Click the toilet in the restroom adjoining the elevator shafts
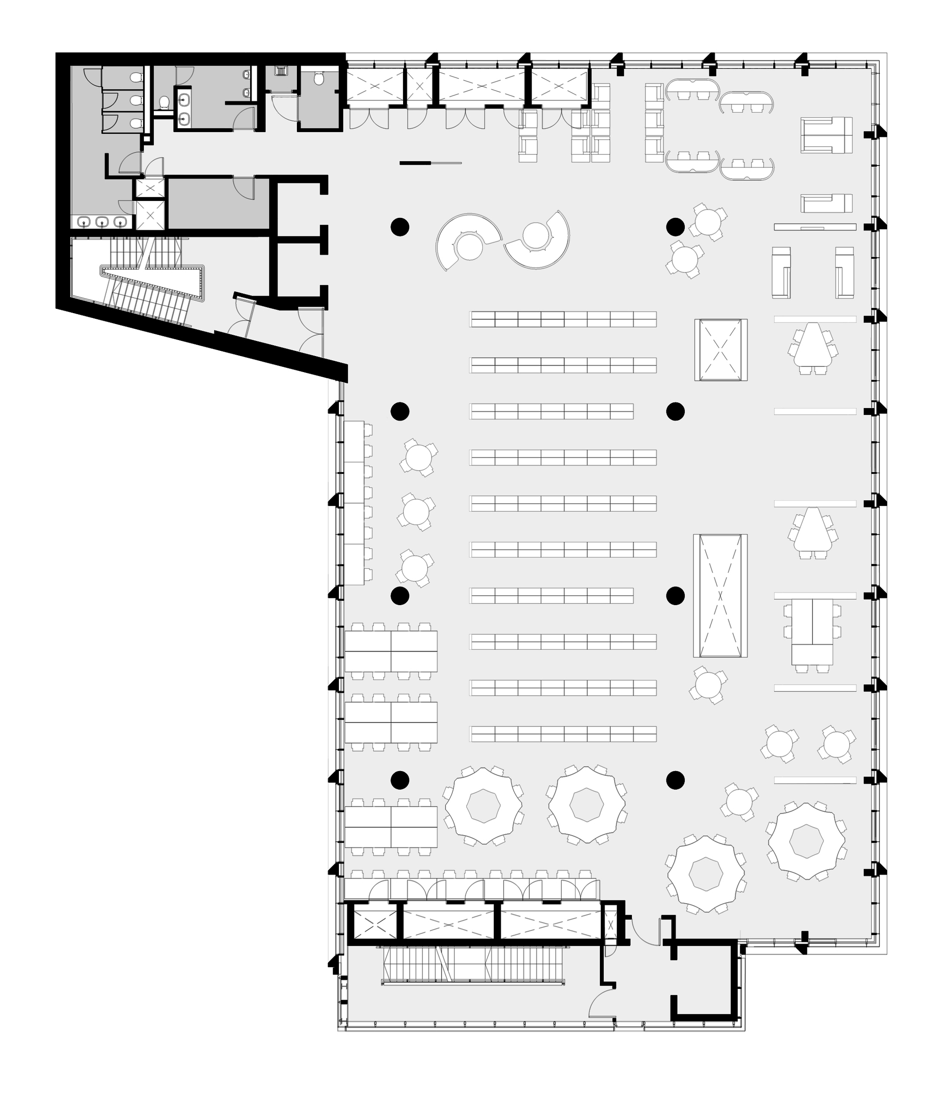click(319, 79)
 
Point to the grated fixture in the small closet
click(281, 71)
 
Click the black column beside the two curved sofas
click(400, 227)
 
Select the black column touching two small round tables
click(675, 227)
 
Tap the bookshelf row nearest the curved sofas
click(563, 319)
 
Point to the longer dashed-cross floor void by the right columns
click(720, 595)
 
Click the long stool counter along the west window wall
click(354, 502)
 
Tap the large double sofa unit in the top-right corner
click(826, 135)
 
